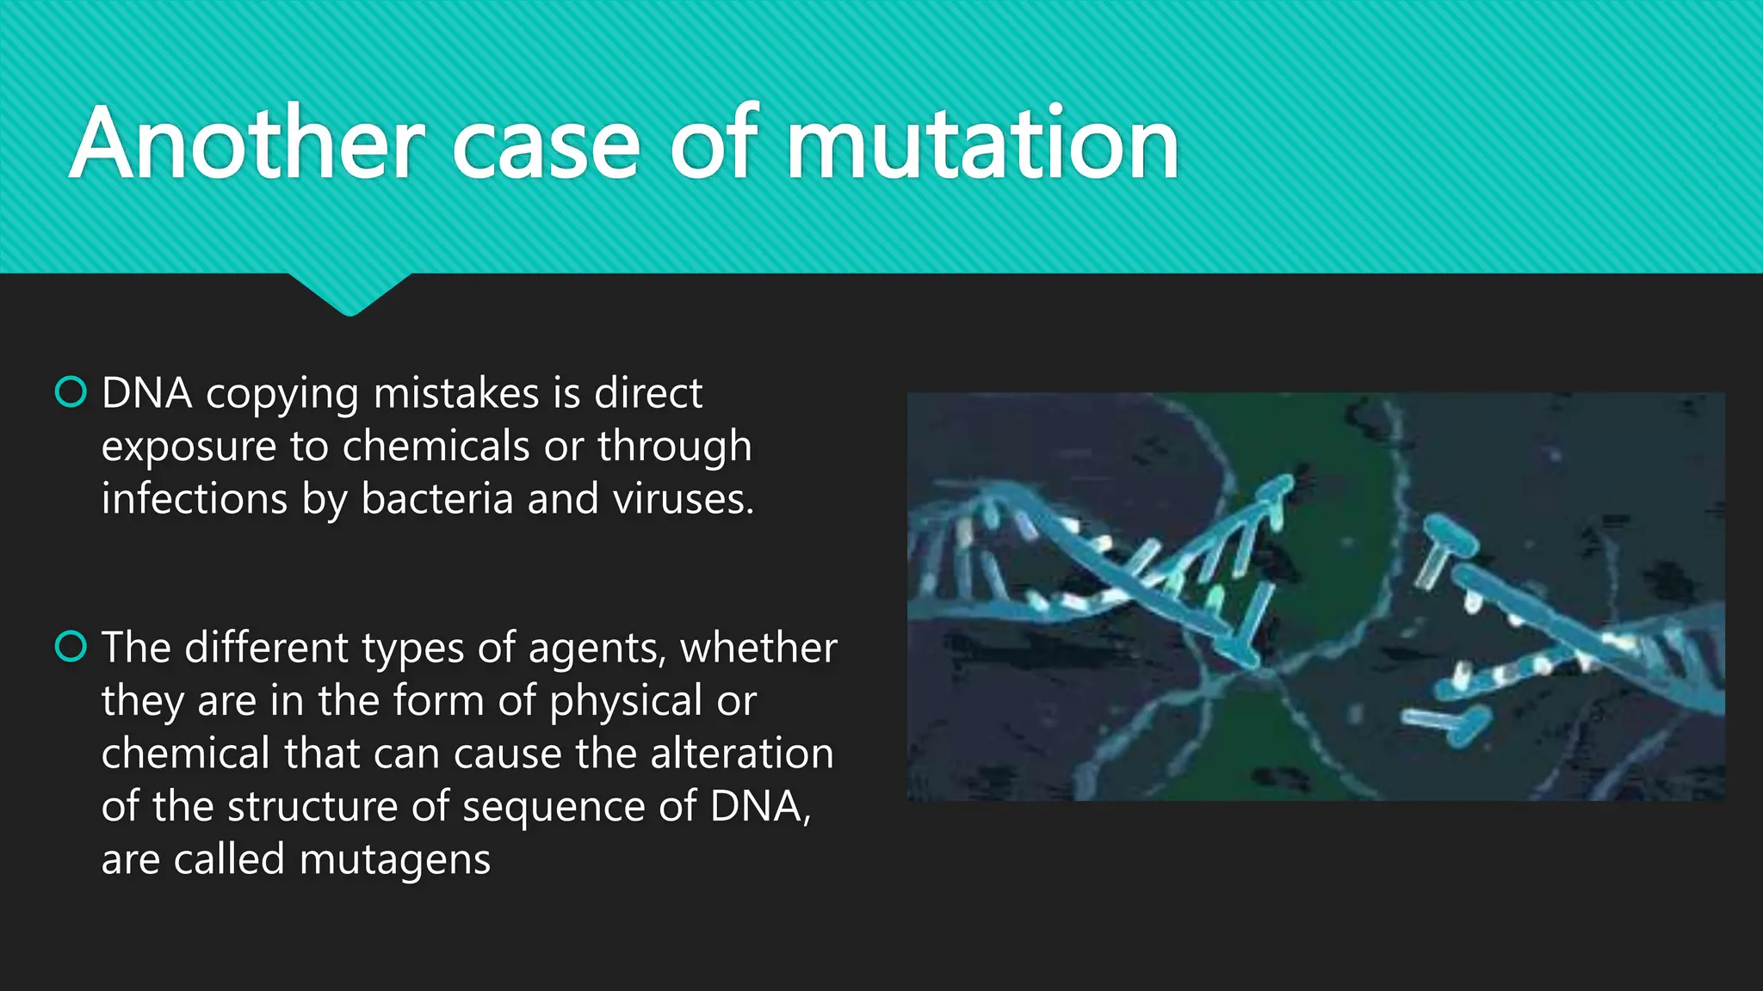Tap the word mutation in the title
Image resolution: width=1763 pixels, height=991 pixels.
(x=982, y=144)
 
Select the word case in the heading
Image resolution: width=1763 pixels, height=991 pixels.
(x=545, y=144)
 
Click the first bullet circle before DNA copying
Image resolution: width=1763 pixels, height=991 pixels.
(x=71, y=392)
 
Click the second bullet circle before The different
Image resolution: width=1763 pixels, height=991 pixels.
(x=71, y=646)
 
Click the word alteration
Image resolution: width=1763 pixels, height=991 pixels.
(x=742, y=754)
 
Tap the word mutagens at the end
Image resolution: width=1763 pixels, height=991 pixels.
(x=395, y=860)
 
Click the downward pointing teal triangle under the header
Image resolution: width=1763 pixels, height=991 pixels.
(x=350, y=294)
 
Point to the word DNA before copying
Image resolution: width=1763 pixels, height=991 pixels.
(x=146, y=394)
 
